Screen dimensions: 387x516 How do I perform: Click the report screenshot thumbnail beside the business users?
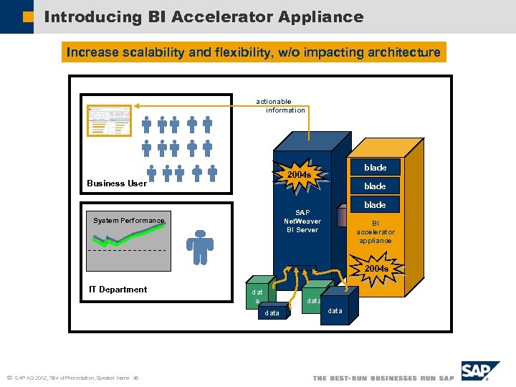(x=109, y=120)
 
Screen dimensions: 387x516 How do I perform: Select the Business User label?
(x=117, y=183)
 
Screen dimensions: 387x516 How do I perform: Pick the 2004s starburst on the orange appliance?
(x=376, y=269)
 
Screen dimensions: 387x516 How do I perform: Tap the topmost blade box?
(x=375, y=168)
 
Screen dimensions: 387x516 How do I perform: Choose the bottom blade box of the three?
(x=375, y=205)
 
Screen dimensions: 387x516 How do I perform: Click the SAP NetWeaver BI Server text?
(x=302, y=221)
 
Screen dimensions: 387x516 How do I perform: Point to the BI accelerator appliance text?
(x=376, y=231)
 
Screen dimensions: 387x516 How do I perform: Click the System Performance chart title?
(x=128, y=221)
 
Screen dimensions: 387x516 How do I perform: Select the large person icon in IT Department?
(x=200, y=247)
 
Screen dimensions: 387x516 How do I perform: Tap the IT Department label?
(x=118, y=290)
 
